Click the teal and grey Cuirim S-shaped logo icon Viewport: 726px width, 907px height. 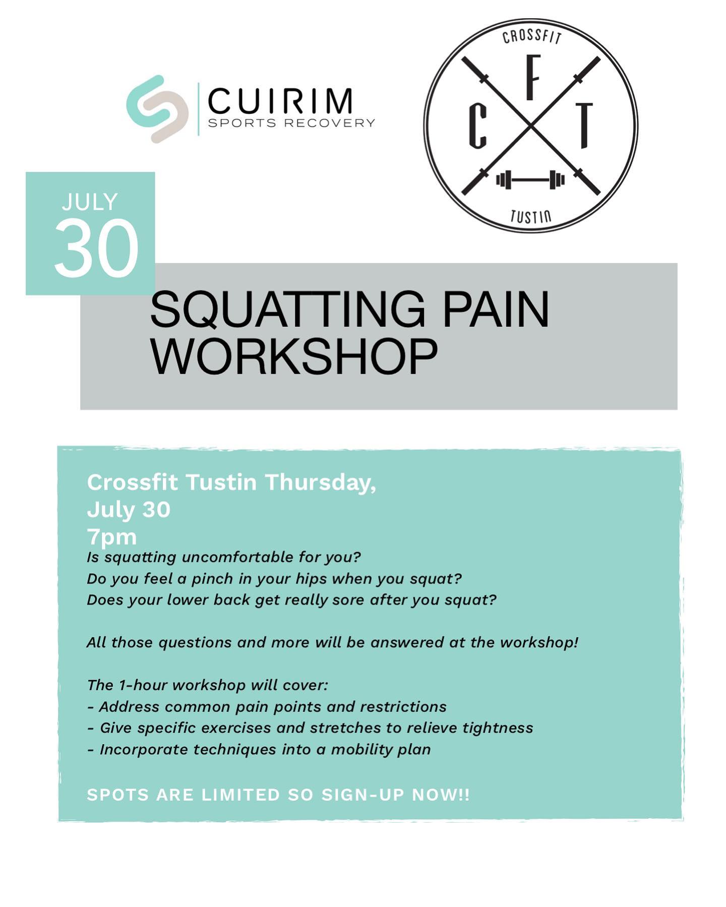(157, 109)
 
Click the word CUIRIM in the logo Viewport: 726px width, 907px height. (280, 101)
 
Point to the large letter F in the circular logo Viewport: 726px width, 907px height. (531, 82)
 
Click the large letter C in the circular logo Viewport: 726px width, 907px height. (477, 128)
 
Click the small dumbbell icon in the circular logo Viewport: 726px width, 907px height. (530, 179)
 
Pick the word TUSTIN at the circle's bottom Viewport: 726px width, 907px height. (530, 216)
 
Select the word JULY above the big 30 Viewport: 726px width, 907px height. (90, 202)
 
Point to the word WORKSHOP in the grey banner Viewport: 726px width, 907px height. (294, 356)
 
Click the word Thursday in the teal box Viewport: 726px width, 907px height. (321, 482)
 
